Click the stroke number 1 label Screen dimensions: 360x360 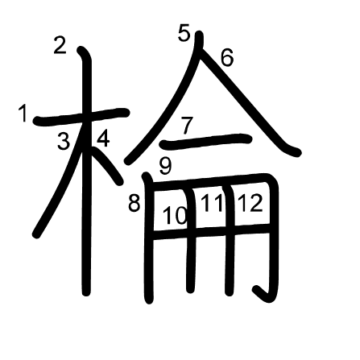coord(23,114)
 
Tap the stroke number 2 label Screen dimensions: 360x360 coord(60,46)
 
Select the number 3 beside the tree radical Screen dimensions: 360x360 coord(64,143)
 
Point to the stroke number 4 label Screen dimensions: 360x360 coord(103,139)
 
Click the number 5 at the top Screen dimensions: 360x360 coord(184,33)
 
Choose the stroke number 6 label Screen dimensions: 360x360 coord(226,57)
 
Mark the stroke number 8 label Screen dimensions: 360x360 coord(134,203)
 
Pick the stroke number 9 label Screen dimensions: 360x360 coord(165,167)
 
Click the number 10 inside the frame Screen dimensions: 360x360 coord(175,215)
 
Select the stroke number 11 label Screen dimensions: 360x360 coord(212,203)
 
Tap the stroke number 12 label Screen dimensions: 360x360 coord(250,203)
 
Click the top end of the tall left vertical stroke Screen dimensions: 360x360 coord(82,52)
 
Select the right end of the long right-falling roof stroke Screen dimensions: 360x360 coord(296,151)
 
